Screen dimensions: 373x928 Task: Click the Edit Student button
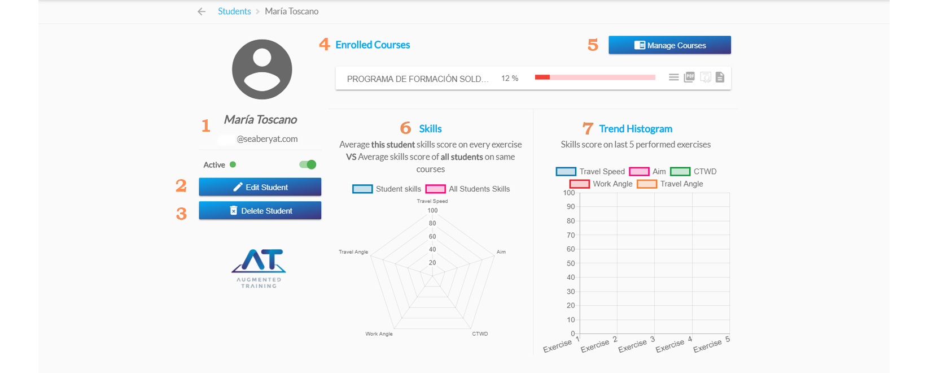(x=260, y=187)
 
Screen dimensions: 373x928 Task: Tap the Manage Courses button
(x=669, y=45)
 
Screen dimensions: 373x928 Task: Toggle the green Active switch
(x=308, y=164)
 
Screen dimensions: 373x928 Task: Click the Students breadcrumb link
(x=234, y=11)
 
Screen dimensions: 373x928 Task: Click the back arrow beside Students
(x=202, y=11)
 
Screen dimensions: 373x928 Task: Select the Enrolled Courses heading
(x=373, y=45)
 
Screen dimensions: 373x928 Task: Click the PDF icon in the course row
(x=689, y=77)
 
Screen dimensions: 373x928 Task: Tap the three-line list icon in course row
(x=673, y=77)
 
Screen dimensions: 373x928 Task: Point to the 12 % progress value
(x=510, y=79)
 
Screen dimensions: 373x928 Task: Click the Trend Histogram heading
(x=636, y=129)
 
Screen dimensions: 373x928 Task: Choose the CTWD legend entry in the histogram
(x=694, y=171)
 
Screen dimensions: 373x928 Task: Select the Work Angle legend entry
(x=602, y=184)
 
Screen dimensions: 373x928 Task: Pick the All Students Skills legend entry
(x=468, y=189)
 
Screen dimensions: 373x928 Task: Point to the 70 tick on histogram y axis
(x=571, y=235)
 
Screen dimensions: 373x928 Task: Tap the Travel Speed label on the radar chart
(x=432, y=201)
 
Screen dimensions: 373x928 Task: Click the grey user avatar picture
(x=262, y=70)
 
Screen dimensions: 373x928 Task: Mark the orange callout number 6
(x=405, y=128)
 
